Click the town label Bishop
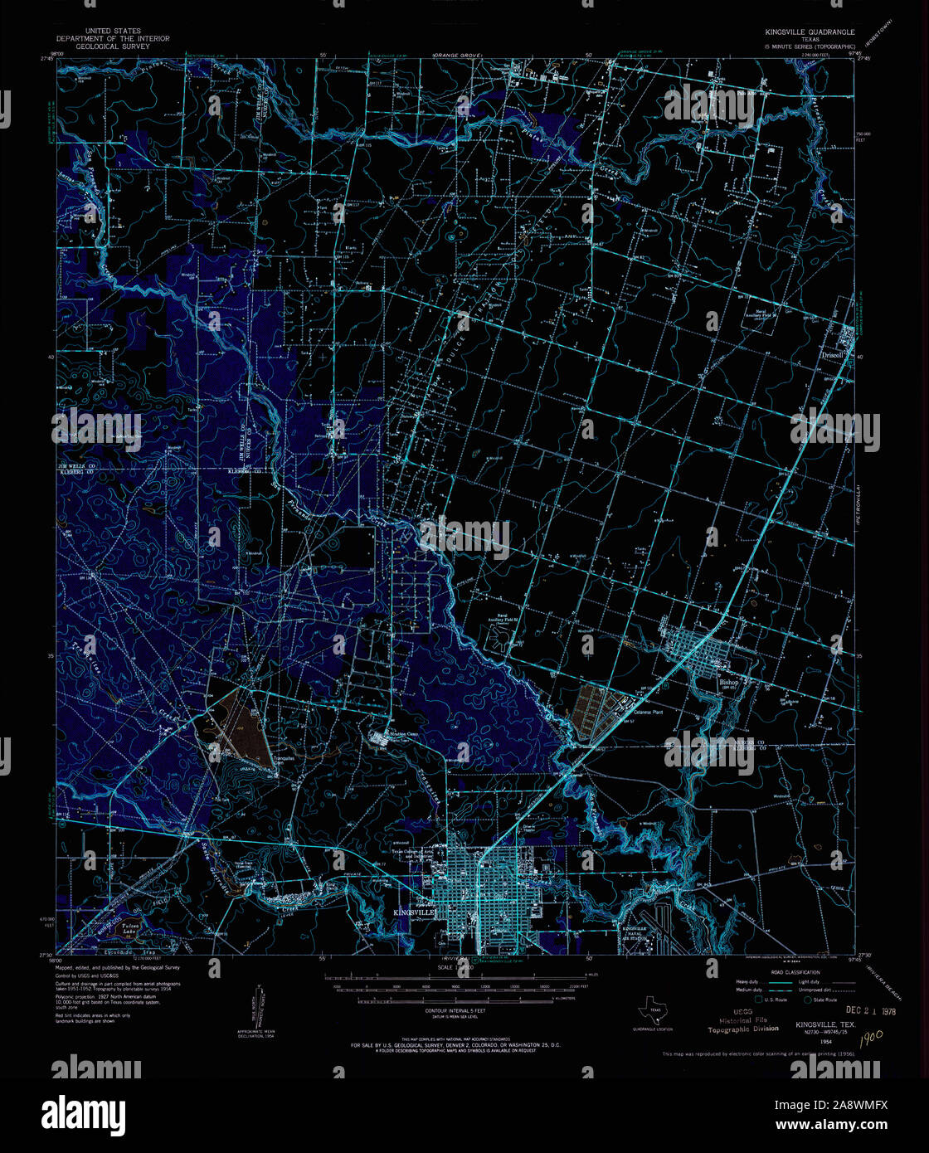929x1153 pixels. coord(727,682)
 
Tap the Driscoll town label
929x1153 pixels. coord(832,354)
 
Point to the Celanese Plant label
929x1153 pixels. coord(649,712)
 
